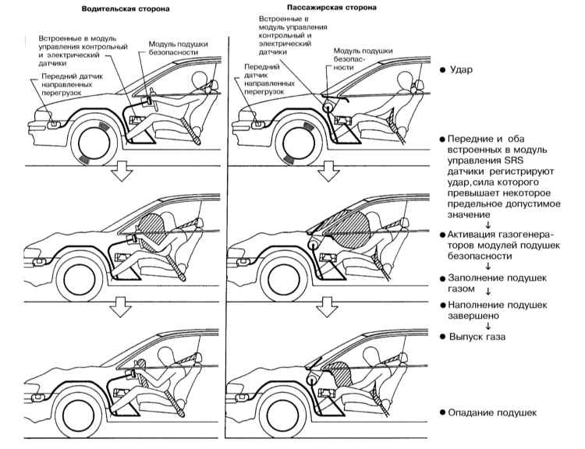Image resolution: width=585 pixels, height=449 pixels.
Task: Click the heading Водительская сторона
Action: tap(129, 10)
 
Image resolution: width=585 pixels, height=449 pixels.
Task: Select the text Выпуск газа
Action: tap(478, 338)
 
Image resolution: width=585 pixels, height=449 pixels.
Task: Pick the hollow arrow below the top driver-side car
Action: tap(121, 172)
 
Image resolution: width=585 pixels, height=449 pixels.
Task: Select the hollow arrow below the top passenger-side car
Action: tap(328, 172)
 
